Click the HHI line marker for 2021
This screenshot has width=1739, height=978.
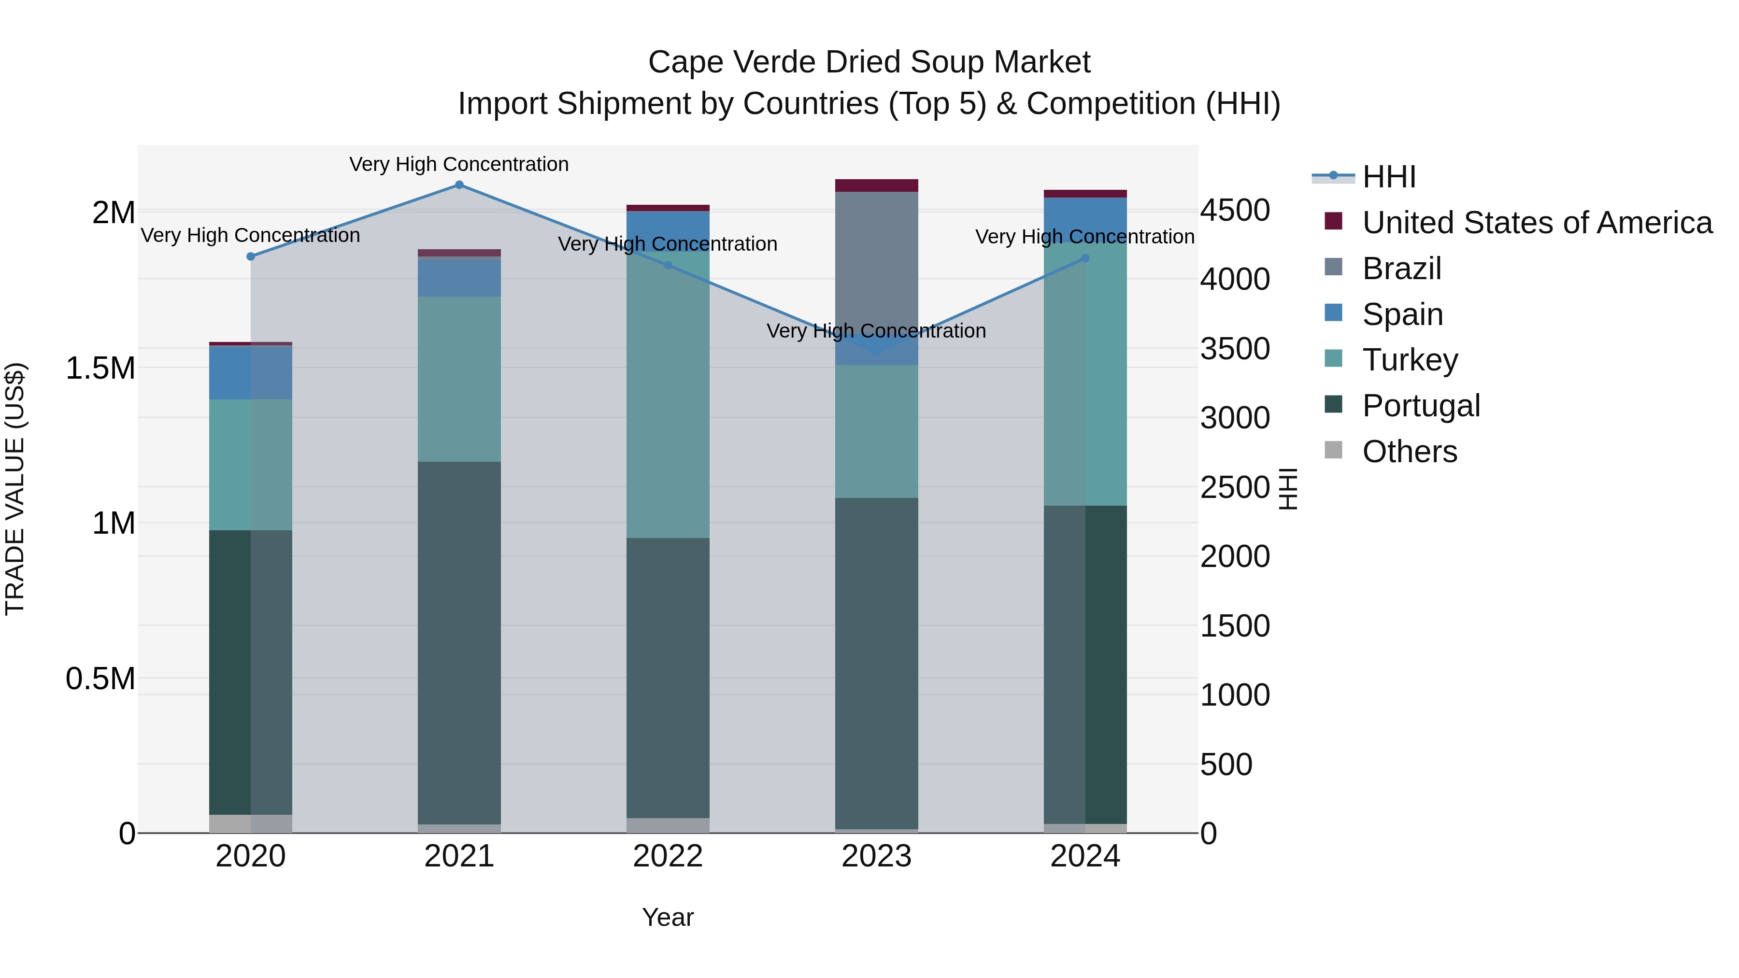click(459, 185)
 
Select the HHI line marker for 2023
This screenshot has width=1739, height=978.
click(876, 351)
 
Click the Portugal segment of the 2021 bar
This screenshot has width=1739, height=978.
click(459, 641)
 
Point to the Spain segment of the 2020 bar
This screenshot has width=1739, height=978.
click(250, 372)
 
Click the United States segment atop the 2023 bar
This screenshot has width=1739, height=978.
click(876, 185)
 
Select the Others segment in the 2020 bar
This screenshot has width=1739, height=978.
click(250, 823)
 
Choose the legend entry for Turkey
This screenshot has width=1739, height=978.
click(1410, 360)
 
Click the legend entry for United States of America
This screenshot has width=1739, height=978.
click(1537, 223)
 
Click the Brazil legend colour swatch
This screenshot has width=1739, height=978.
click(1333, 267)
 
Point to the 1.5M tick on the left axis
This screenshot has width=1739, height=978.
click(100, 369)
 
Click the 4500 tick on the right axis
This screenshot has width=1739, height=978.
click(1235, 211)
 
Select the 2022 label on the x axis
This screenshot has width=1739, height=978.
click(668, 856)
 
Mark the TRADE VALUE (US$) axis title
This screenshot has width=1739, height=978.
click(15, 489)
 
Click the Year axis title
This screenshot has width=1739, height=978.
click(668, 917)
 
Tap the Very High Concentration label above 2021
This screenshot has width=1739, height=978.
click(459, 164)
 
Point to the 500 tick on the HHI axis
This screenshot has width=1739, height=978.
click(1226, 765)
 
